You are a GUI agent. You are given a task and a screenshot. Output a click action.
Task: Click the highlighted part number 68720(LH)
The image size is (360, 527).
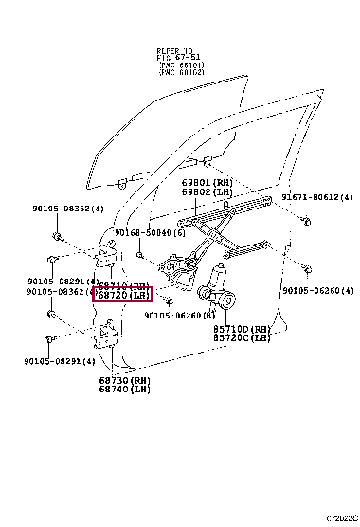click(x=122, y=295)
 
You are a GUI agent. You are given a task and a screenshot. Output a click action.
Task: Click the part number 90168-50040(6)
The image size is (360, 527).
click(x=146, y=232)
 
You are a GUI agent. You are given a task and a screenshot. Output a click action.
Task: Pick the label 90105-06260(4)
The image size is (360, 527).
click(x=316, y=291)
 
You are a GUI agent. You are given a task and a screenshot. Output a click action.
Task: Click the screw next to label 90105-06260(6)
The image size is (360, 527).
click(x=167, y=300)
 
